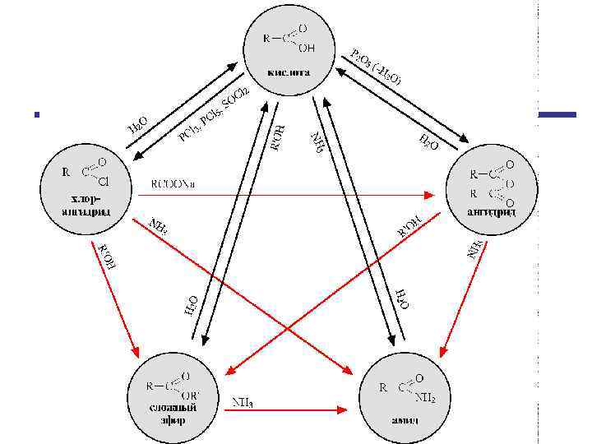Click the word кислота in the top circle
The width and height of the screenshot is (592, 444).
[288, 72]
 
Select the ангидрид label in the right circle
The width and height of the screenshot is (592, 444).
[490, 211]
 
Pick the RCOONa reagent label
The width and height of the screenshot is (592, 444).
[176, 183]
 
